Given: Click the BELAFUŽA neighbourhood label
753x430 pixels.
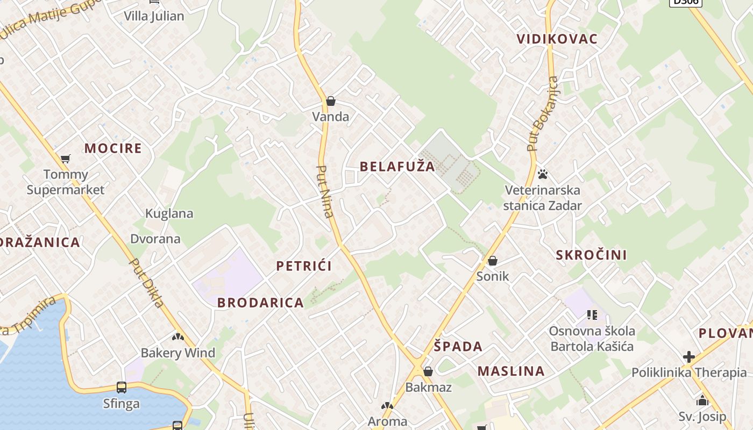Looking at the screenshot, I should click(x=397, y=166).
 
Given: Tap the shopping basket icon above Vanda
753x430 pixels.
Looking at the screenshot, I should click(x=331, y=101).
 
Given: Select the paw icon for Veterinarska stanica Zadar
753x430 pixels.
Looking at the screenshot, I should click(x=543, y=174).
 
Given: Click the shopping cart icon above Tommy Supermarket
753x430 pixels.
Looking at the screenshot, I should click(x=66, y=159).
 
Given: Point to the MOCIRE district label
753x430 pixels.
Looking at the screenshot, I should click(x=113, y=148).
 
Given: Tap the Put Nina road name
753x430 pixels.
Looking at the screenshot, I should click(x=325, y=191).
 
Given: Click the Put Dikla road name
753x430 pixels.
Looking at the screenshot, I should click(x=147, y=283).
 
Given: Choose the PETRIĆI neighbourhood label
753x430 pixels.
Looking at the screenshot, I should click(x=304, y=266).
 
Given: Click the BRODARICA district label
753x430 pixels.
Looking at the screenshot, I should click(x=260, y=303).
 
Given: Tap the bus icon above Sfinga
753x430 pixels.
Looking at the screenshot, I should click(x=122, y=388).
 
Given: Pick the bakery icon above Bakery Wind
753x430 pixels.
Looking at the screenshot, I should click(x=177, y=337).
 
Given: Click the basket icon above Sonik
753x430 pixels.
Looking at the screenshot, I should click(x=492, y=261).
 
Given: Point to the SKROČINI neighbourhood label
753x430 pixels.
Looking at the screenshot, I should click(x=591, y=255).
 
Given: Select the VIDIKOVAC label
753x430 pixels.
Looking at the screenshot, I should click(x=557, y=39).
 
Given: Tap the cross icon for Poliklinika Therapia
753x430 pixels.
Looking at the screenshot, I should click(x=688, y=356).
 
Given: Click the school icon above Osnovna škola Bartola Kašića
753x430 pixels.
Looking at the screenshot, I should click(x=592, y=314).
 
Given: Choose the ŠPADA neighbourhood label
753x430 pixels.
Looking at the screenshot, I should click(x=458, y=347).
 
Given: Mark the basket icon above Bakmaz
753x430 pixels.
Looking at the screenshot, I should click(x=428, y=371).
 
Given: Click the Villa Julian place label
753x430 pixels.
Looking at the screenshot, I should click(x=154, y=16).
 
